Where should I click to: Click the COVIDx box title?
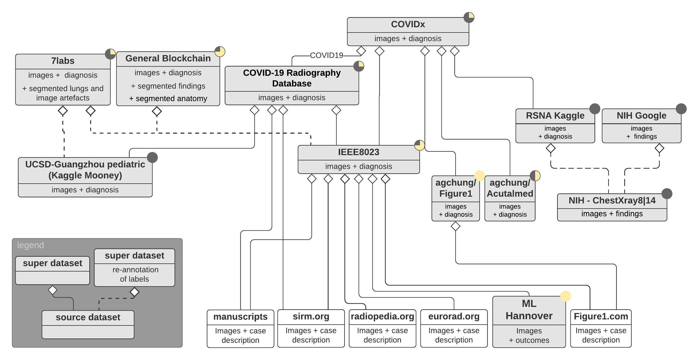(x=408, y=24)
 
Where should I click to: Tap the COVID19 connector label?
(x=326, y=55)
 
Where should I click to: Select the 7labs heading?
(x=63, y=61)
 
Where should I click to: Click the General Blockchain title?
(x=168, y=59)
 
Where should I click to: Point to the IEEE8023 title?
(x=358, y=152)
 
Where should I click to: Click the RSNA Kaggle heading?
(x=555, y=116)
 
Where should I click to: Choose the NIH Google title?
(x=641, y=116)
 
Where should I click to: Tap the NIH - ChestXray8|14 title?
(x=612, y=200)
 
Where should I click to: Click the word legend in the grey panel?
(x=30, y=245)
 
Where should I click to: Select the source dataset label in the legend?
(x=88, y=317)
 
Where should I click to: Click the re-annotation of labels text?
(x=135, y=274)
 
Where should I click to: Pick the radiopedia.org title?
(x=382, y=316)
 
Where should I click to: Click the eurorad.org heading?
(x=454, y=316)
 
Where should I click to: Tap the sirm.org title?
(x=311, y=316)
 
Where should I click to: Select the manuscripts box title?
(x=240, y=317)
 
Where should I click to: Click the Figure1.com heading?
(x=601, y=316)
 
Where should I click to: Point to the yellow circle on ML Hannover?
(x=565, y=296)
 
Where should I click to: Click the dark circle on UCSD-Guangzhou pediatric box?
(x=152, y=158)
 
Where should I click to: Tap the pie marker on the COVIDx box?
(x=469, y=17)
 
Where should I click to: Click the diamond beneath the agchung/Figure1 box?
(x=455, y=226)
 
